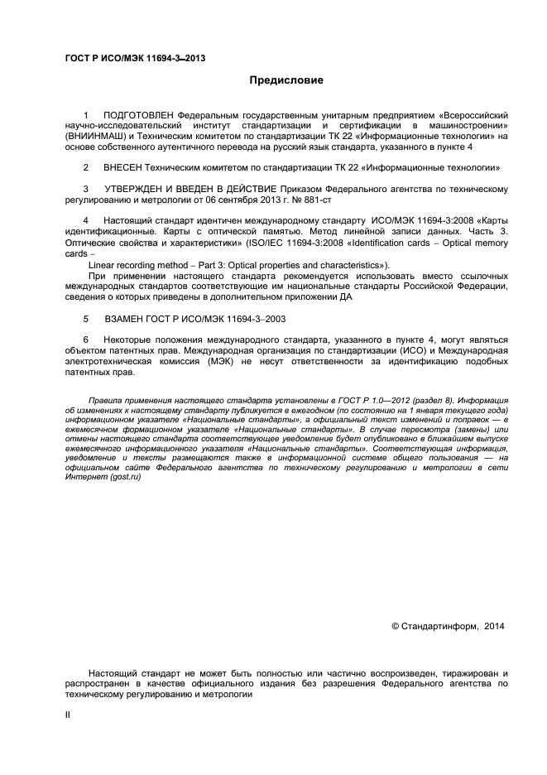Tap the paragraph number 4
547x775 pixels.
tap(86, 221)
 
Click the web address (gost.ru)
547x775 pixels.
tap(122, 479)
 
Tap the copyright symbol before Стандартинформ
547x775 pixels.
tap(394, 627)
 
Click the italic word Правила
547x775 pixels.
tap(106, 401)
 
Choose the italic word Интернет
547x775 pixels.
tap(84, 479)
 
